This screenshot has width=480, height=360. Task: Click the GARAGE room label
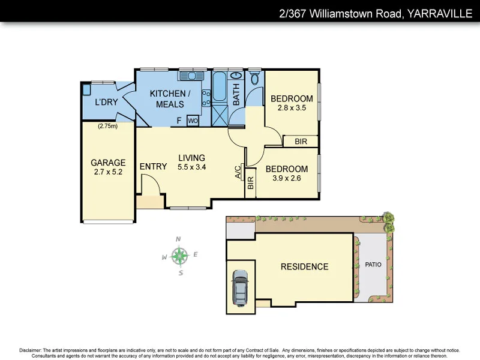108,163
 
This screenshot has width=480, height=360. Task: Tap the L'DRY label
106,102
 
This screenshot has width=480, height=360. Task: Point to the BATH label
236,95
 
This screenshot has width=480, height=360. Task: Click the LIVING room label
191,158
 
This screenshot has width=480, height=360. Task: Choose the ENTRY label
153,166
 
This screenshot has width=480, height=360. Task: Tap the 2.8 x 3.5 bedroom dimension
292,109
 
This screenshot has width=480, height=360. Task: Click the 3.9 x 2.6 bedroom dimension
287,179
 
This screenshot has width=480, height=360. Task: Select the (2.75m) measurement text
107,126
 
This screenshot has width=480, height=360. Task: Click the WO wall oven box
193,121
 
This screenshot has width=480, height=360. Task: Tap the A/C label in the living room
238,173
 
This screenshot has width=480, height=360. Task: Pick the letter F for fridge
179,121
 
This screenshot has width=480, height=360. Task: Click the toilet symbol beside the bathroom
254,79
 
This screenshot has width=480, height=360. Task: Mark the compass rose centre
179,256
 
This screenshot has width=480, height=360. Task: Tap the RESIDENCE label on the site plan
304,266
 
